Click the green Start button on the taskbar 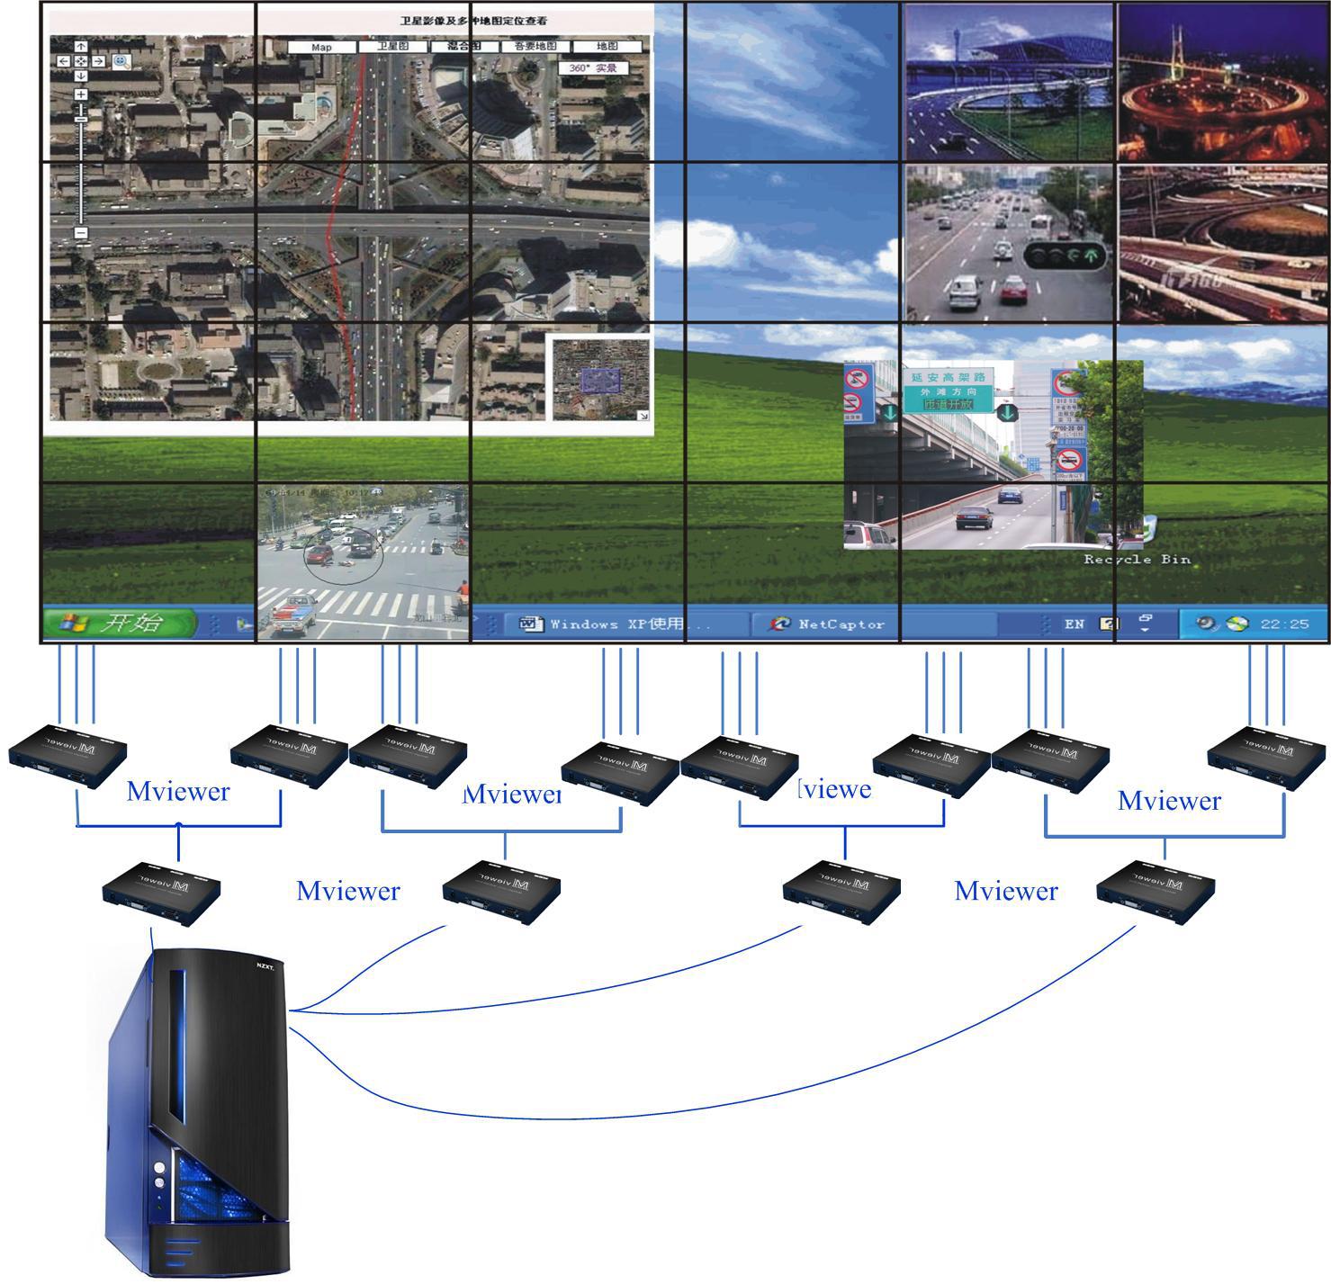[119, 623]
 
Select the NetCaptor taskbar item [829, 624]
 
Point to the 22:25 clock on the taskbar [1284, 624]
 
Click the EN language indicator [1074, 624]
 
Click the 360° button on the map [593, 68]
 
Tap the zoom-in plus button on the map [81, 94]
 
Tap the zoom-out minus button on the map [81, 232]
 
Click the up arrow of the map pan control [81, 47]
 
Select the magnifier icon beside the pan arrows [121, 61]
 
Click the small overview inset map [600, 379]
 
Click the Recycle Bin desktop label [1137, 559]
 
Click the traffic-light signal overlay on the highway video [1065, 256]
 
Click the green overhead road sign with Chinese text [948, 391]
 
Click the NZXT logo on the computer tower [265, 966]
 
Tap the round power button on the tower [159, 1167]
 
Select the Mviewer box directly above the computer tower [161, 892]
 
